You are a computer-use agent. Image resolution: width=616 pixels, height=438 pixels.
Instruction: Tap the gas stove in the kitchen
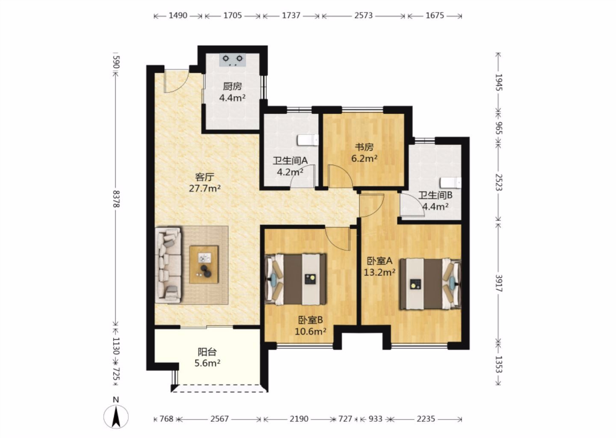tap(232, 60)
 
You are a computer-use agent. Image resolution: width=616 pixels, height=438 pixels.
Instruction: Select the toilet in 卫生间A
tap(308, 140)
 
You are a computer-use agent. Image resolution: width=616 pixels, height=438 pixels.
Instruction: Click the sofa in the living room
tap(168, 265)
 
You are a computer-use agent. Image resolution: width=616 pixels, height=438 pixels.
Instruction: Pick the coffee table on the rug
tap(204, 264)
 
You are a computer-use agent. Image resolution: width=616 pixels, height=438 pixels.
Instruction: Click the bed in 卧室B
tap(295, 279)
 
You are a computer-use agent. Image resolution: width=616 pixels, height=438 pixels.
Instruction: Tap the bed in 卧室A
tap(430, 284)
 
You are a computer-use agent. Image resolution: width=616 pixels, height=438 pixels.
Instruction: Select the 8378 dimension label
tap(116, 199)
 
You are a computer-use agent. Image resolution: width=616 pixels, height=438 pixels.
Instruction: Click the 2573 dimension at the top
tap(363, 15)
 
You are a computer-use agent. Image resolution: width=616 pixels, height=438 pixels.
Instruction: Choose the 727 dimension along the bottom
tap(345, 419)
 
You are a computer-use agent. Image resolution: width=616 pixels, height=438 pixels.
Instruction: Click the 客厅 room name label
tap(204, 177)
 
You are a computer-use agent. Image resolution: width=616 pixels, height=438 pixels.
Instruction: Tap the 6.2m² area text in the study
tap(364, 158)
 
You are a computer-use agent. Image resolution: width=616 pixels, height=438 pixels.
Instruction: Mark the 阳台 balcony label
tap(207, 352)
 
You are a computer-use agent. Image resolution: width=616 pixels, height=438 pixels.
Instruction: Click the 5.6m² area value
tap(207, 363)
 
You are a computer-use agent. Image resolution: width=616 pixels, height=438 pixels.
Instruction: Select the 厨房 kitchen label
tap(232, 86)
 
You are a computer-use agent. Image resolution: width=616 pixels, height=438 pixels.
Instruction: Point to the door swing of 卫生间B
tap(412, 205)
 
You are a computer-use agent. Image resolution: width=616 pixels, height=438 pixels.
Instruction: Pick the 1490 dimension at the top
tap(178, 15)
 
